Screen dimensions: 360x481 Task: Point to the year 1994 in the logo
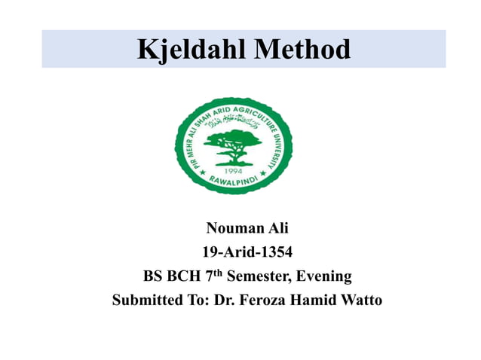click(x=234, y=169)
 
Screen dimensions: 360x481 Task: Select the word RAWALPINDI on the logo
click(x=234, y=183)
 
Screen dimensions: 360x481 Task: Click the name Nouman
click(x=230, y=227)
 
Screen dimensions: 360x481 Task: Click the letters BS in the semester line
click(x=153, y=276)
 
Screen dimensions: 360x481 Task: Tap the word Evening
click(x=323, y=276)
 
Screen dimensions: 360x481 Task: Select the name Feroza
click(x=264, y=301)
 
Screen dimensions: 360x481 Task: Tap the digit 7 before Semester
click(x=209, y=276)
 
